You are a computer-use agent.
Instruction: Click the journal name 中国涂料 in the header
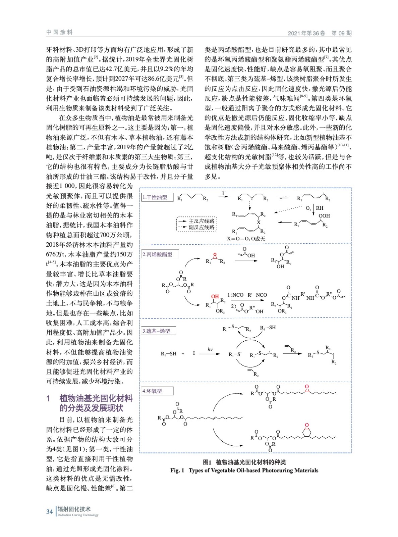(x=59, y=32)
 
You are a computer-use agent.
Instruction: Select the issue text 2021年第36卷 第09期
(x=320, y=33)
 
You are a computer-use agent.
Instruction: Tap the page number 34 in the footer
(x=49, y=511)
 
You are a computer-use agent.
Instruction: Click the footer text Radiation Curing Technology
(x=78, y=515)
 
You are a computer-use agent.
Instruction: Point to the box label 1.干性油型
(x=155, y=197)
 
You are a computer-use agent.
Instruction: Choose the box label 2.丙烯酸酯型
(x=158, y=254)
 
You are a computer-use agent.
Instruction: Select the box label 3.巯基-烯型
(x=157, y=331)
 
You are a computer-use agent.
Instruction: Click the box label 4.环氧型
(x=153, y=391)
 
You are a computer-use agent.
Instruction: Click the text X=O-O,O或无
(x=246, y=239)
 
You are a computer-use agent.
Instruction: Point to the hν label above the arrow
(x=210, y=349)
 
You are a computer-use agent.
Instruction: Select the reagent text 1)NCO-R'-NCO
(x=247, y=295)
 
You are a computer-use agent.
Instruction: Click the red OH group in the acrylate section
(x=215, y=296)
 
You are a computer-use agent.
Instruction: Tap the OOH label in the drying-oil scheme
(x=324, y=216)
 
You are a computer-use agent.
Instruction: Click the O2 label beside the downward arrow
(x=308, y=208)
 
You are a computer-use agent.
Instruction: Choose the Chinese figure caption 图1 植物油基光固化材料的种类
(x=244, y=462)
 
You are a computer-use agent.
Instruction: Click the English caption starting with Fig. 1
(x=244, y=470)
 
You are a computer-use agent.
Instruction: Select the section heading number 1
(x=48, y=398)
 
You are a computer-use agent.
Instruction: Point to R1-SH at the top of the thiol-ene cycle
(x=268, y=328)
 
